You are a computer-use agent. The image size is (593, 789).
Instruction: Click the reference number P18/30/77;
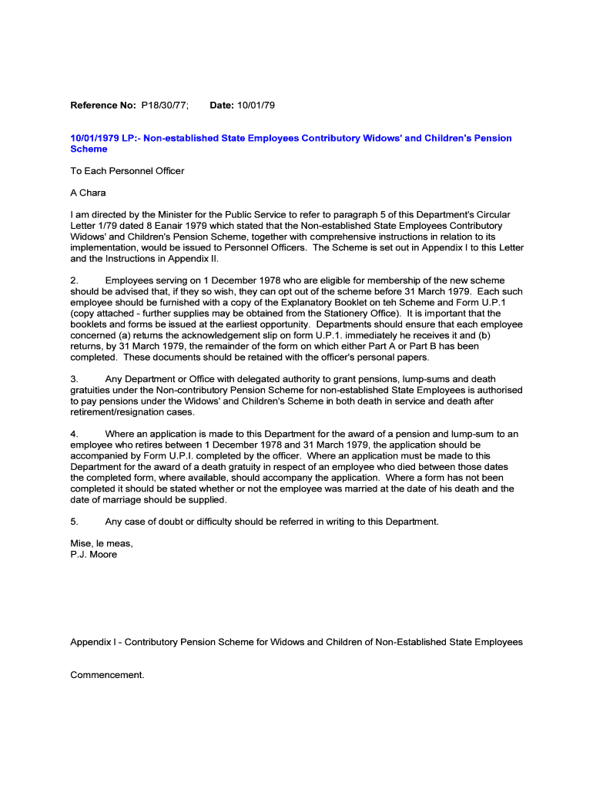tap(164, 104)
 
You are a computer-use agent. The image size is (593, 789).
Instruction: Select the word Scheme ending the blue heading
tap(89, 149)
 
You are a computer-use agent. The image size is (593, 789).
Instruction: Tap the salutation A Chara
tap(88, 193)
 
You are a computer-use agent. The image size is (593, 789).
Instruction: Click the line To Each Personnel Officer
tap(127, 171)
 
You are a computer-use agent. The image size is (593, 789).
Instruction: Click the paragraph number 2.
tap(74, 281)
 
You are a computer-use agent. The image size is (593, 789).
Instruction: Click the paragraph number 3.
tap(74, 379)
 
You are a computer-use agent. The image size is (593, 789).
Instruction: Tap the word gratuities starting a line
tap(92, 390)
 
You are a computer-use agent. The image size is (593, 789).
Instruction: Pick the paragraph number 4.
tap(74, 434)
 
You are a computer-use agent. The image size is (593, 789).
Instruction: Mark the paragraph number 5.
tap(74, 522)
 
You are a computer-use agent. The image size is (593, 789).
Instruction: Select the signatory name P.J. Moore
tap(93, 554)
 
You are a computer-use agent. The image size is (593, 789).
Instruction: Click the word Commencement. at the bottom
tap(107, 675)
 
